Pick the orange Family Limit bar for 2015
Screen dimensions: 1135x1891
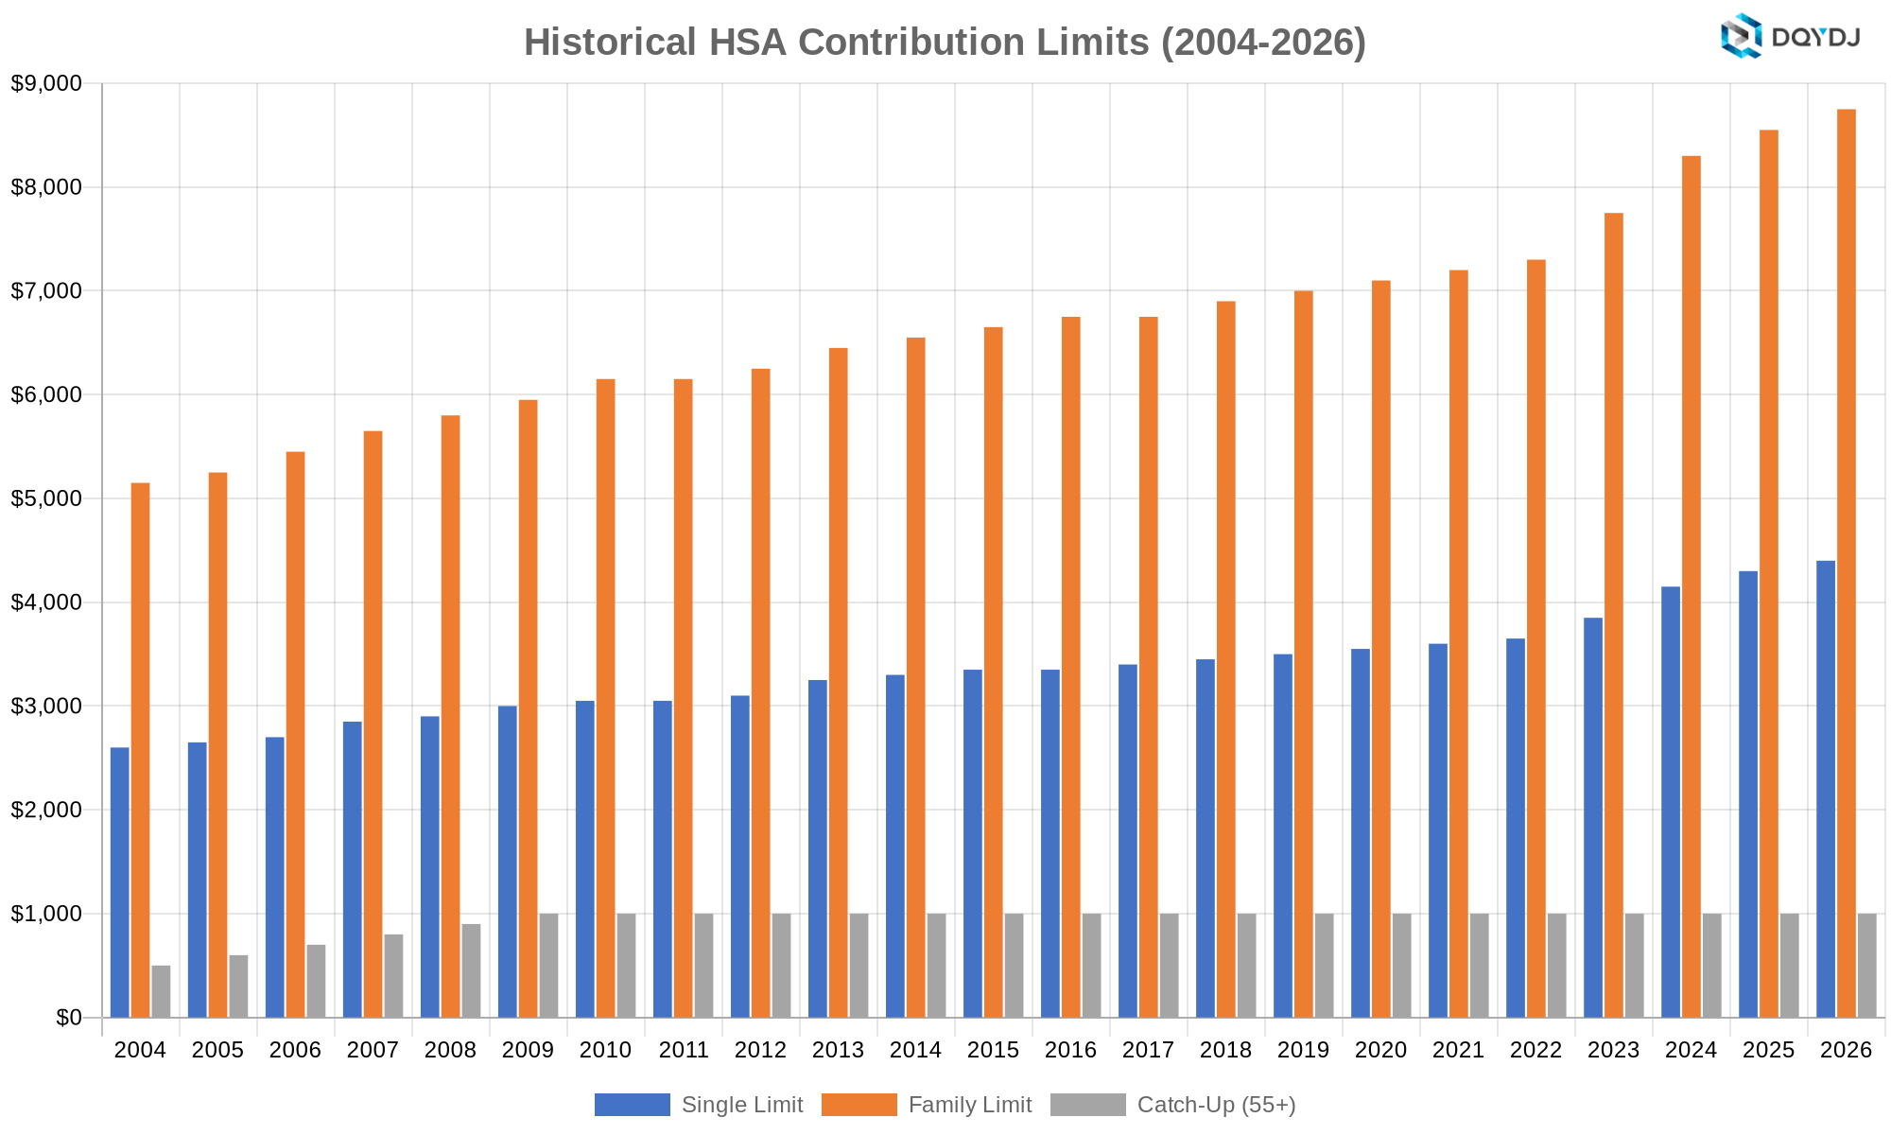(x=994, y=672)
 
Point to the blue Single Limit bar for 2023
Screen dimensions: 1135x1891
(x=1593, y=817)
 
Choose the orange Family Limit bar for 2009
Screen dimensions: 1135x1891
(x=529, y=708)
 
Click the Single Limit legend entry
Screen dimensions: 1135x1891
(x=699, y=1105)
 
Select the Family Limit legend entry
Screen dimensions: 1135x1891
(x=927, y=1105)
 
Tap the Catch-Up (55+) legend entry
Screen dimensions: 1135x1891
(x=1173, y=1105)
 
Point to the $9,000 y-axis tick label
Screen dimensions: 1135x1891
(x=46, y=83)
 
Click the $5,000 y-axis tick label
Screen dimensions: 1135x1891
(x=46, y=498)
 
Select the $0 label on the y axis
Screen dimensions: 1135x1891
(x=69, y=1018)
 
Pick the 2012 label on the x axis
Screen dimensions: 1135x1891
(x=761, y=1050)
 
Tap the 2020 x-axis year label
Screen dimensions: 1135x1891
(x=1381, y=1050)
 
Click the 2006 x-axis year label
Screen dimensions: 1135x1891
(x=295, y=1050)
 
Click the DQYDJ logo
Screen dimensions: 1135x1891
(x=1790, y=37)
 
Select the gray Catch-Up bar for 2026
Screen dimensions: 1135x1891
(x=1867, y=966)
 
